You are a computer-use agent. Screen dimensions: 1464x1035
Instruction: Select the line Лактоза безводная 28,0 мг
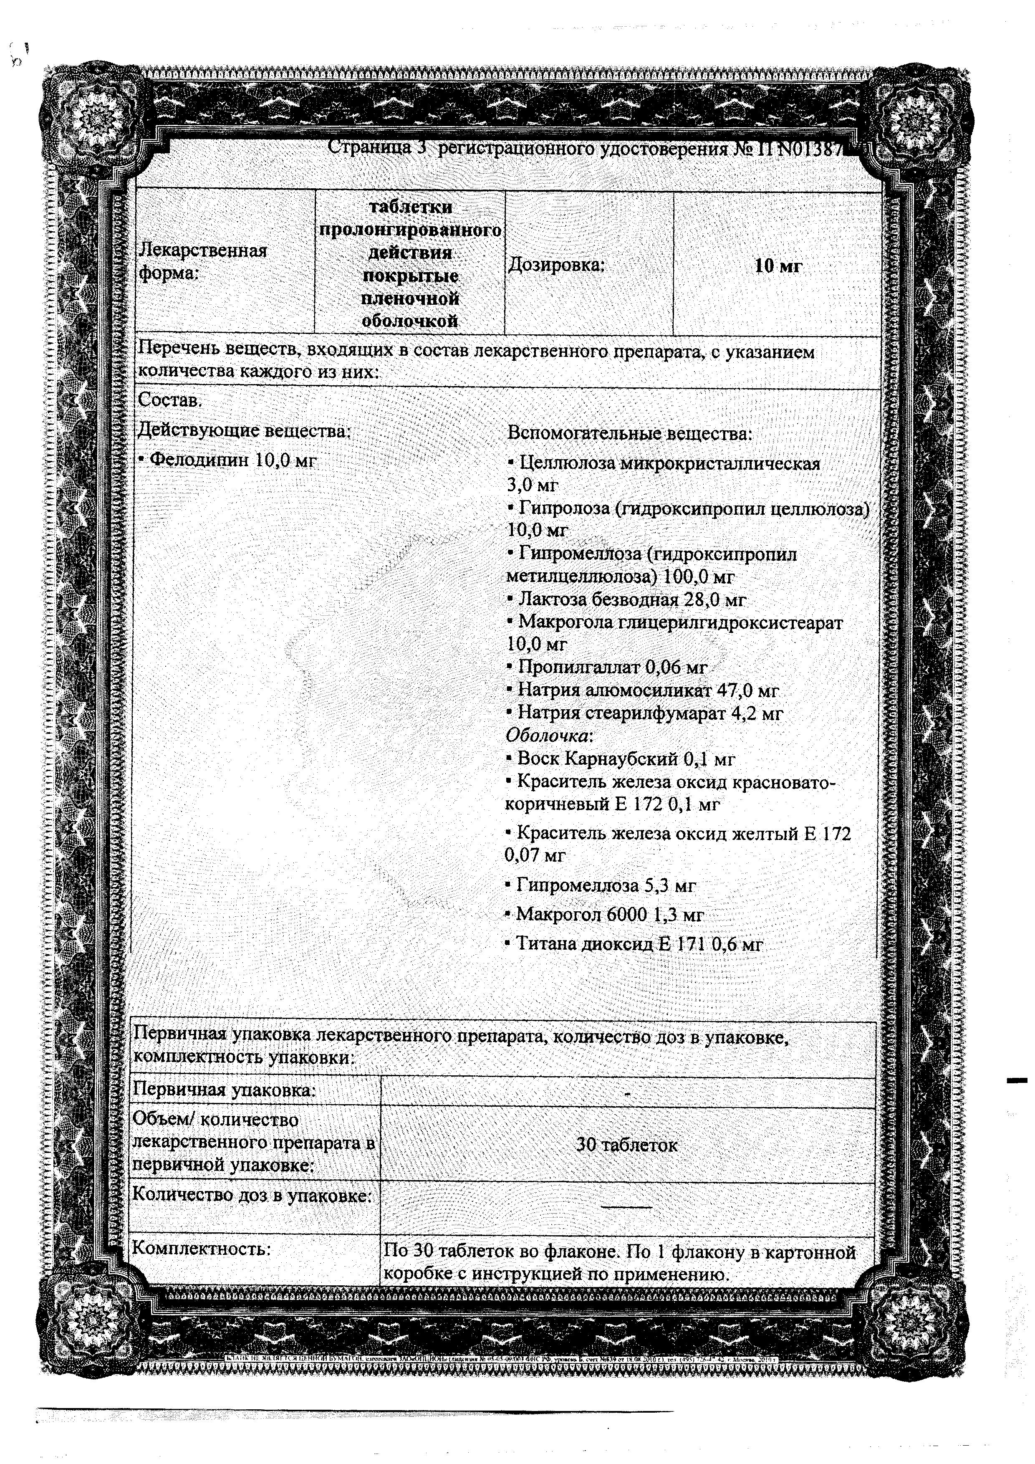tap(626, 599)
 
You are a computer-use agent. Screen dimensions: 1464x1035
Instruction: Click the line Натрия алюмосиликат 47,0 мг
tap(642, 690)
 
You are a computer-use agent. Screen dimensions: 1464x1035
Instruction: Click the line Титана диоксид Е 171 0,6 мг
tap(634, 944)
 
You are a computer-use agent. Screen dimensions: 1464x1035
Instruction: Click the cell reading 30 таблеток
tap(626, 1145)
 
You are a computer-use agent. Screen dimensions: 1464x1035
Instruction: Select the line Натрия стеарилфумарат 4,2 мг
tap(644, 713)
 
